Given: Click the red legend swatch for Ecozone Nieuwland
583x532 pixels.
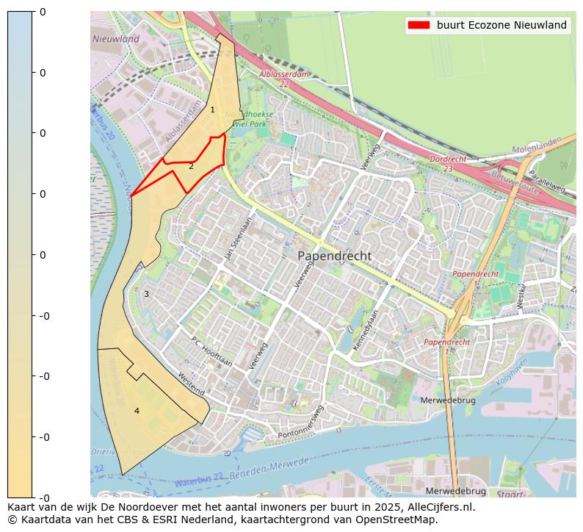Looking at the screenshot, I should click(419, 25).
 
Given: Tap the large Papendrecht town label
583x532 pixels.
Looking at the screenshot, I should click(334, 256).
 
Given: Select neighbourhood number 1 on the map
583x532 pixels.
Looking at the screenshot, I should click(213, 109).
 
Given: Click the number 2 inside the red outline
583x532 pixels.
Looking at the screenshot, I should click(191, 166).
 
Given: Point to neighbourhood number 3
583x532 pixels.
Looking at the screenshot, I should click(146, 294).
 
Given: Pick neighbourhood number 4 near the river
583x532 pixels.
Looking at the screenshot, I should click(137, 411).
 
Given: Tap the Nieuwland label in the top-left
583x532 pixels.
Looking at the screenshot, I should click(115, 39).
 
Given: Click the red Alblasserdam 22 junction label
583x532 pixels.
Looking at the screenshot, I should click(284, 79).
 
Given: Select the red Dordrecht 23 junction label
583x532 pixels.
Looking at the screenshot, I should click(447, 163).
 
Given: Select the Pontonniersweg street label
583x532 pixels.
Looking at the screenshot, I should click(301, 423).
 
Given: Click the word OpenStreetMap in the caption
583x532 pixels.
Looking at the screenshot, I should click(399, 520).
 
